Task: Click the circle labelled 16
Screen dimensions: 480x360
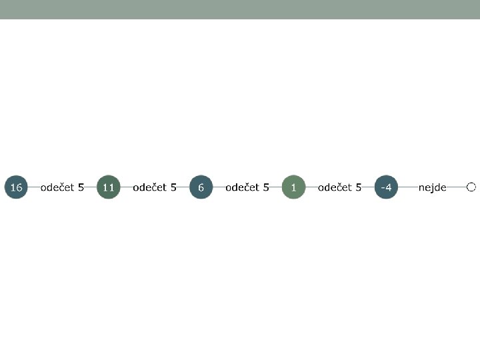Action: [x=16, y=187]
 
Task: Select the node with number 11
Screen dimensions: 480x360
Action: [x=108, y=187]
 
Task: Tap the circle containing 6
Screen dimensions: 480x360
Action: [x=201, y=187]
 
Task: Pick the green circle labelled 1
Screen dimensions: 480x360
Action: [x=293, y=187]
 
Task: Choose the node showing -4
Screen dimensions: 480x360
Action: [x=385, y=187]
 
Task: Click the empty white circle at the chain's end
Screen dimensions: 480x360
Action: [x=471, y=187]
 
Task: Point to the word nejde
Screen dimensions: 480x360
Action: [x=432, y=187]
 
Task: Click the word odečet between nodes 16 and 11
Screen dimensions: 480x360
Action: [x=57, y=187]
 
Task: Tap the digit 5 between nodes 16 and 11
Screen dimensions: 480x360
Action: [x=81, y=187]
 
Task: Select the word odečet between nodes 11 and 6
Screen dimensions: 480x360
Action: [x=149, y=187]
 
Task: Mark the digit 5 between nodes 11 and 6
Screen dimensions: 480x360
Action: [x=174, y=187]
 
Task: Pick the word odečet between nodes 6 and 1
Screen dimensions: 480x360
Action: [x=242, y=187]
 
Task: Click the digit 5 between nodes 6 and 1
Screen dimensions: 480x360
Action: [x=267, y=187]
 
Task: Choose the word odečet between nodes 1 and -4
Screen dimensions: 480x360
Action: [x=334, y=187]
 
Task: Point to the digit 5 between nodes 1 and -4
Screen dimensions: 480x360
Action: [x=359, y=187]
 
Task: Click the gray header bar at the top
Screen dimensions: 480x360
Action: [x=240, y=9]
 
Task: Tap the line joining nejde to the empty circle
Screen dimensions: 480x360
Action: [x=457, y=187]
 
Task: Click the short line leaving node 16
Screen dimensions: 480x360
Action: [x=33, y=187]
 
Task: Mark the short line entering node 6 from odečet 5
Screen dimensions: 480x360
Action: [x=183, y=187]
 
